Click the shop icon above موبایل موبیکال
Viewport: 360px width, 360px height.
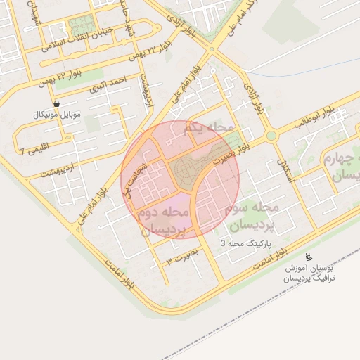coord(56,103)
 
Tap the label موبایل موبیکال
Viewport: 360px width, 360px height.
coord(58,113)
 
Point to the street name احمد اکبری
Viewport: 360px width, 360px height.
coord(108,84)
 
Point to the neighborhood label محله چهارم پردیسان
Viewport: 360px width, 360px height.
coord(342,167)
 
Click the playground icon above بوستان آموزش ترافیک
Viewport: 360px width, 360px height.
coord(310,258)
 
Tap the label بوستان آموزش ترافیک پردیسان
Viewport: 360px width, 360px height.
coord(310,274)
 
